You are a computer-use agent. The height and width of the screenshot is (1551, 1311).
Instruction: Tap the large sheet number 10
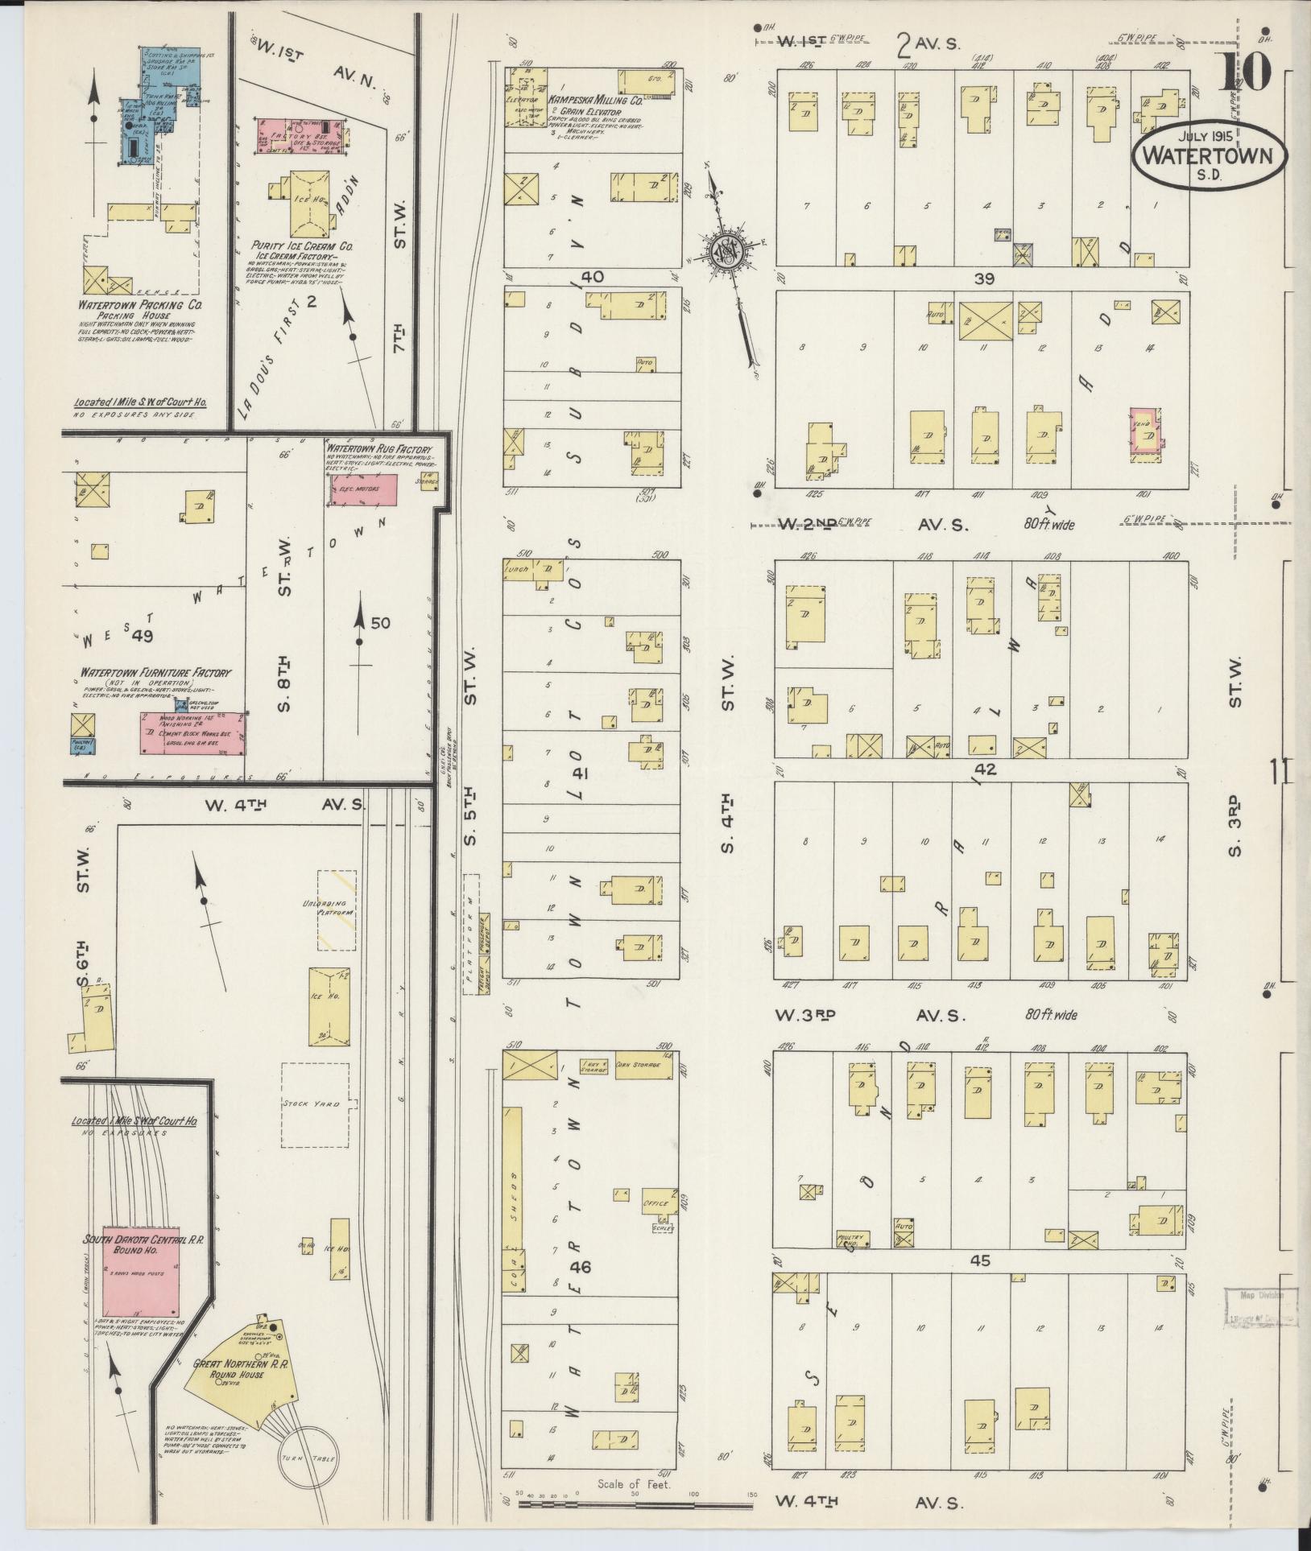[1243, 72]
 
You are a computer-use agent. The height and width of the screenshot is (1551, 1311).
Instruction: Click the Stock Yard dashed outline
[315, 1105]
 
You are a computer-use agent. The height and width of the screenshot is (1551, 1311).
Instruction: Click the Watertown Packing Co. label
[139, 306]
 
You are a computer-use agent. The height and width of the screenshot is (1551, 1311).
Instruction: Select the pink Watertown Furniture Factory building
[192, 734]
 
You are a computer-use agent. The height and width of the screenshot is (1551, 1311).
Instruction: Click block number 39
[983, 278]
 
